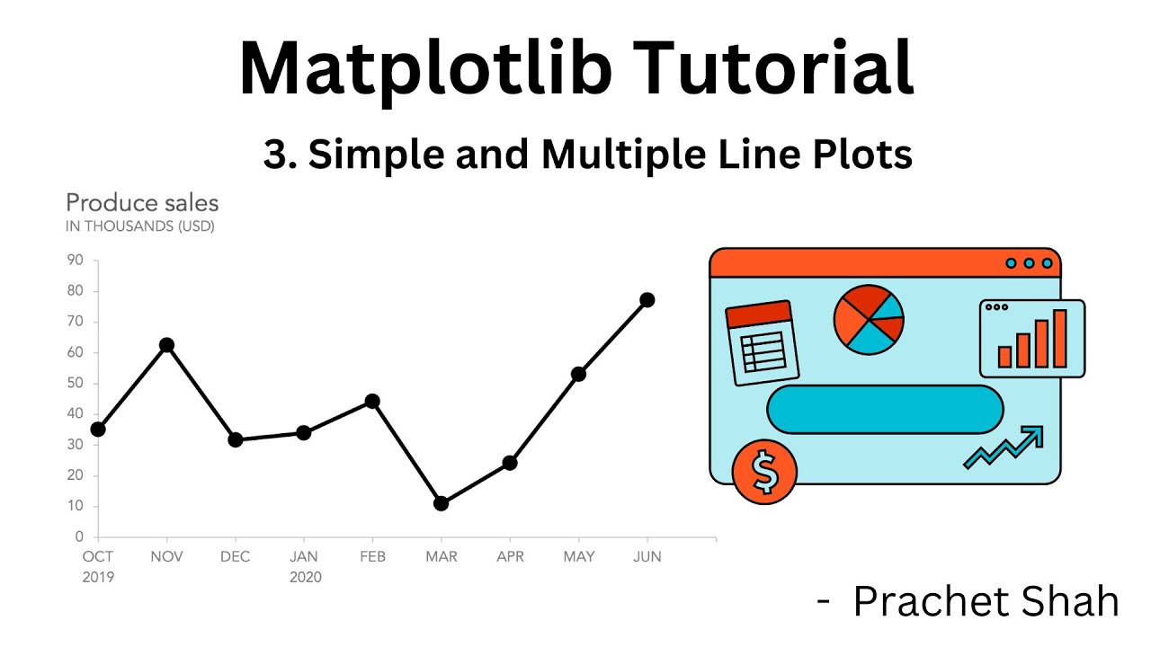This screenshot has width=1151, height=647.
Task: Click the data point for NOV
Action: pyautogui.click(x=166, y=345)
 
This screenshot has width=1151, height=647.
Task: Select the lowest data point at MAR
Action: pyautogui.click(x=441, y=503)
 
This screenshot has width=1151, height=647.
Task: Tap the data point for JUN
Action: pyautogui.click(x=647, y=300)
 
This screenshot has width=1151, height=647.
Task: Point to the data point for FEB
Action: pyautogui.click(x=372, y=401)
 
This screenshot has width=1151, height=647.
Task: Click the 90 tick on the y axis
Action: pyautogui.click(x=75, y=261)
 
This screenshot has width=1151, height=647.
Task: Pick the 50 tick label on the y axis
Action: pyautogui.click(x=75, y=384)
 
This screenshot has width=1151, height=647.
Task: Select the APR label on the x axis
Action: pyautogui.click(x=510, y=557)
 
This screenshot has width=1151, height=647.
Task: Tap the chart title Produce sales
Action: pyautogui.click(x=142, y=203)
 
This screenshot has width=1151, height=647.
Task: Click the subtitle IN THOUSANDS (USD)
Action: pyautogui.click(x=140, y=226)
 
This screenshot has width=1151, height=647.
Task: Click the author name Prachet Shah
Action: pyautogui.click(x=986, y=601)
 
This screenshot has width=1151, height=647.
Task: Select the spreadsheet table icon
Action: pyautogui.click(x=762, y=342)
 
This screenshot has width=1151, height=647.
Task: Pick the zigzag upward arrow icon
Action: pyautogui.click(x=1004, y=447)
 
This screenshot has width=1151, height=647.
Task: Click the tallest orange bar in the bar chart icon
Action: pyautogui.click(x=1060, y=339)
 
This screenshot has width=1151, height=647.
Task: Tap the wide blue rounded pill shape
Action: pyautogui.click(x=884, y=410)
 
